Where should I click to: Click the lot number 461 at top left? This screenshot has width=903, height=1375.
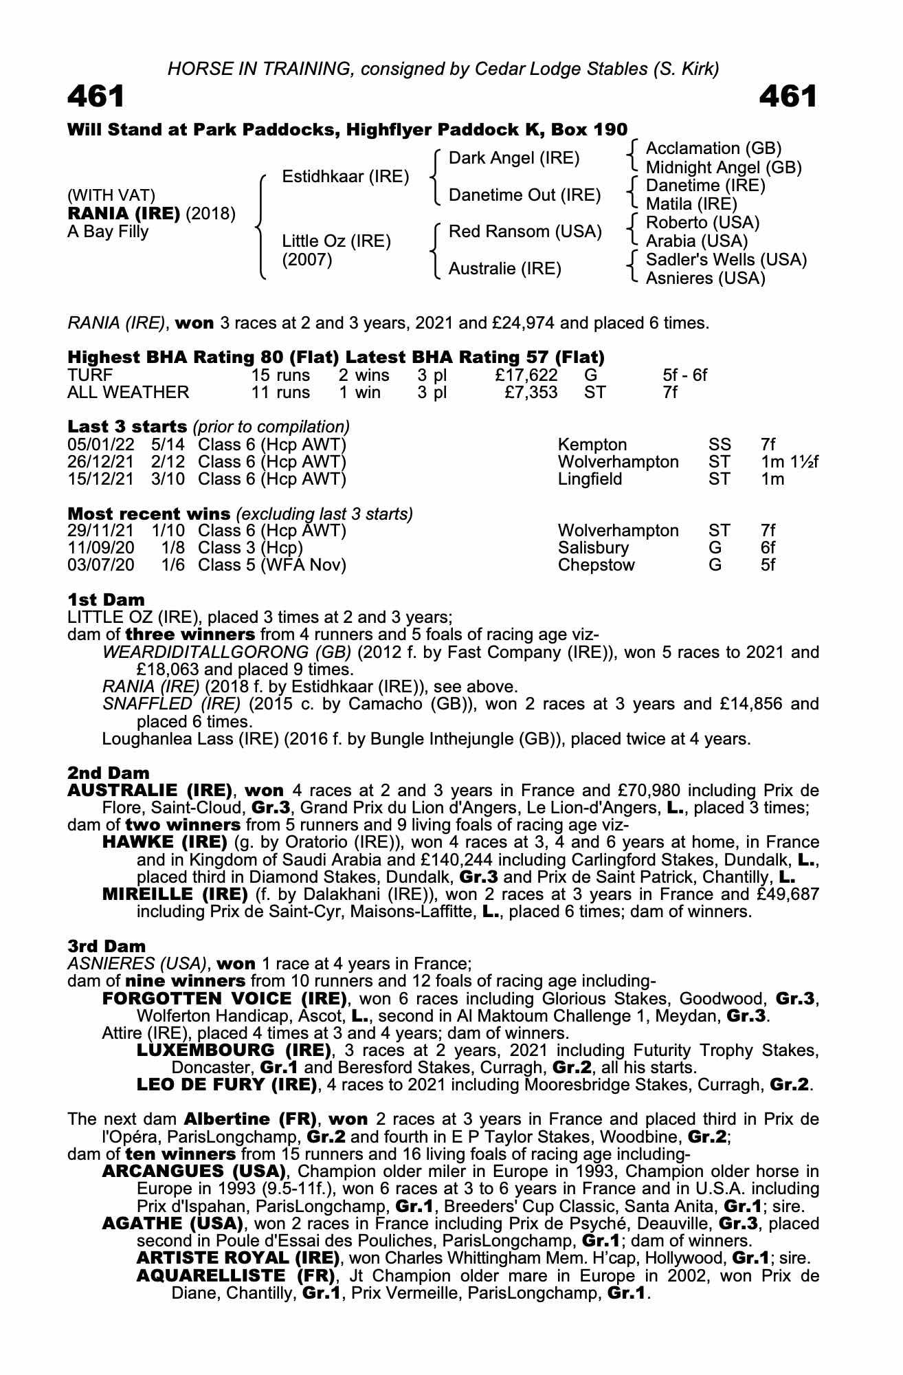96,97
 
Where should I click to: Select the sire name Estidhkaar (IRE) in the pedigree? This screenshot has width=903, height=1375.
345,177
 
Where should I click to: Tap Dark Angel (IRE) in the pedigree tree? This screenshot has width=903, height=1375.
513,158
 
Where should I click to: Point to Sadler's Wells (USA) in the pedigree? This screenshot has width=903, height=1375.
726,259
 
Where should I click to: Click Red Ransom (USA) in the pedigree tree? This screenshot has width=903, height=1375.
524,232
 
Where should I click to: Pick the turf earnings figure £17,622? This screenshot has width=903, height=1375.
526,375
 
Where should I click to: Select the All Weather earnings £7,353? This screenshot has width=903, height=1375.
531,393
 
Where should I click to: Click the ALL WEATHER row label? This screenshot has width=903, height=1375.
128,393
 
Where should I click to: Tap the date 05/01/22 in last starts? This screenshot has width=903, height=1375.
101,445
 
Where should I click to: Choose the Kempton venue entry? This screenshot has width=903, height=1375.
592,445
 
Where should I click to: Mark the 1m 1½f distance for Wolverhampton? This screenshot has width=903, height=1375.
790,462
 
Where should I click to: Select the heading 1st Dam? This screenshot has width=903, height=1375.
106,599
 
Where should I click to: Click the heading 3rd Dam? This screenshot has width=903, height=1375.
107,946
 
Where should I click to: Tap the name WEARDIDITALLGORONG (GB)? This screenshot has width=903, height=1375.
226,652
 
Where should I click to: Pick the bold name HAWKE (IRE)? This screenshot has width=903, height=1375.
164,842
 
